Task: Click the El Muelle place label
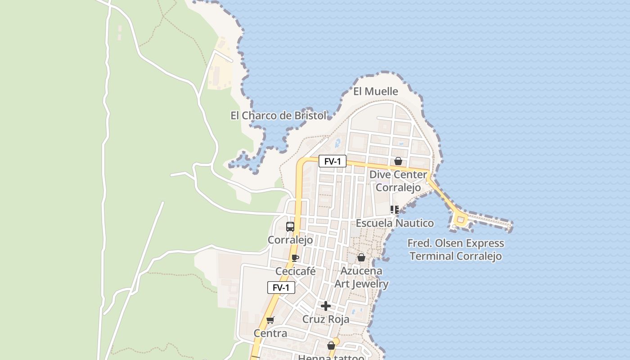click(x=376, y=91)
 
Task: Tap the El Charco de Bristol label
click(x=279, y=116)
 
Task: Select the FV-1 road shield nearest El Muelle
click(x=333, y=161)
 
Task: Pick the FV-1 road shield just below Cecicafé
click(x=281, y=288)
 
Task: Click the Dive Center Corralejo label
click(x=398, y=180)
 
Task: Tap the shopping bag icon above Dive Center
click(x=398, y=161)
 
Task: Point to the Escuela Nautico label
click(x=395, y=223)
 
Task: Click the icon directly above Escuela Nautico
click(x=395, y=209)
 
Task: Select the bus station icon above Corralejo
click(x=290, y=227)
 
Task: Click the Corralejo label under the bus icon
click(x=290, y=240)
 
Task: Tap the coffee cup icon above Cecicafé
click(x=295, y=258)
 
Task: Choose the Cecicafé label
click(x=295, y=271)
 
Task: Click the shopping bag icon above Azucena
click(x=361, y=257)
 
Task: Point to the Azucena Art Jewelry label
click(x=361, y=277)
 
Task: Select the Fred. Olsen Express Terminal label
click(x=456, y=250)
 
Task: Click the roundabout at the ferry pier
click(x=460, y=220)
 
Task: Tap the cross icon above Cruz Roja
click(x=326, y=306)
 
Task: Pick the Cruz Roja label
click(x=326, y=319)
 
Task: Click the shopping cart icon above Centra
click(x=270, y=320)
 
